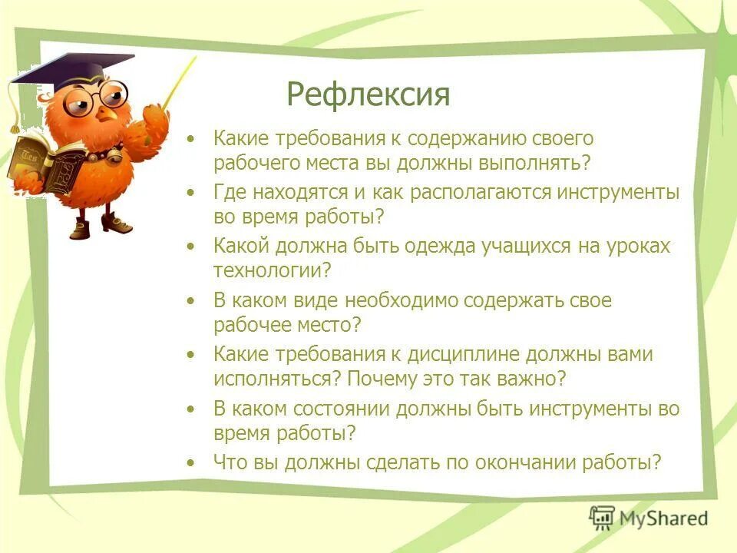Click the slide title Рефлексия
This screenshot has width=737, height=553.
coord(368,95)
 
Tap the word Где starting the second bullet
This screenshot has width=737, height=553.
coord(230,193)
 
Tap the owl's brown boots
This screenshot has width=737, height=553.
coord(100,224)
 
